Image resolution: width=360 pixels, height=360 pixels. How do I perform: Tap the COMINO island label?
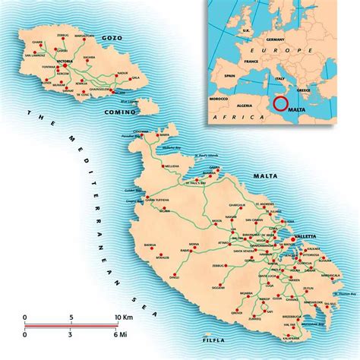(x=122, y=112)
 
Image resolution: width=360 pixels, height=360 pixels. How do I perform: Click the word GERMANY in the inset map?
(x=275, y=39)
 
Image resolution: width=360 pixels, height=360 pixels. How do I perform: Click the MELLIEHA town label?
(x=172, y=164)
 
